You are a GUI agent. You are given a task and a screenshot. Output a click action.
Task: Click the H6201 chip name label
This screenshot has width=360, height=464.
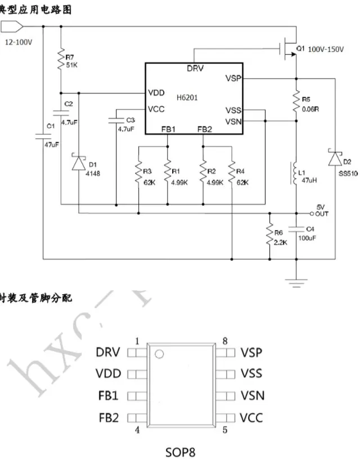189,97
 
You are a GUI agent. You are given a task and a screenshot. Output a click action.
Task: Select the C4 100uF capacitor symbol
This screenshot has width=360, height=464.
296,228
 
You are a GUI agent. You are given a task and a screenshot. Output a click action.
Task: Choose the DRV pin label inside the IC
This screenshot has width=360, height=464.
196,69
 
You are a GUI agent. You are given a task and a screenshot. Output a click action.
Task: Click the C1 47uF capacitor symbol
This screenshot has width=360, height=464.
43,135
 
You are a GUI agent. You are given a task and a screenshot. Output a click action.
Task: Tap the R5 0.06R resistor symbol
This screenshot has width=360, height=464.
296,102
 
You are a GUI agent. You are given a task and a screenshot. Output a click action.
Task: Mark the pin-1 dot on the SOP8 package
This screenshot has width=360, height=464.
160,354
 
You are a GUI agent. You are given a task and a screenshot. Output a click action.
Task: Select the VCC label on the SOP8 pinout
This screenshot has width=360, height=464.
251,417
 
